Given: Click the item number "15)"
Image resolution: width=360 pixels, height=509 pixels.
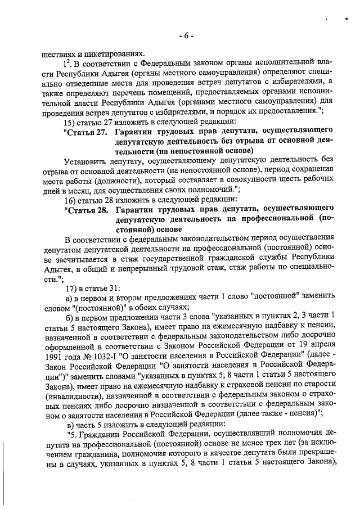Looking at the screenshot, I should tap(70, 122).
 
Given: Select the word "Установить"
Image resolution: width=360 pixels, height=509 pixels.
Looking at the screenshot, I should tap(88, 161).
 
